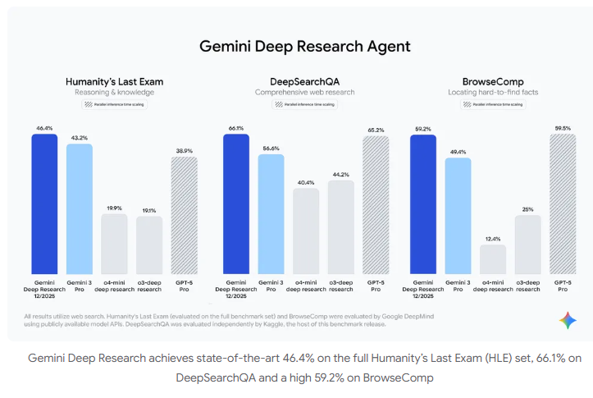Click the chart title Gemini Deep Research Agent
304,46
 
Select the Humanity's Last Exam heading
114,81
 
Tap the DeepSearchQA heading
305,81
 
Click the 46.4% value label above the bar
44,128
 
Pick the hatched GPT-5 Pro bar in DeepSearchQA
376,205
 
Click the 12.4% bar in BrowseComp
493,259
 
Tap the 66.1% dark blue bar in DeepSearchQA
236,204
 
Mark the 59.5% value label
563,128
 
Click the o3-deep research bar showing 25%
527,245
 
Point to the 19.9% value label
114,208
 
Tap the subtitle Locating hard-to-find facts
492,93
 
